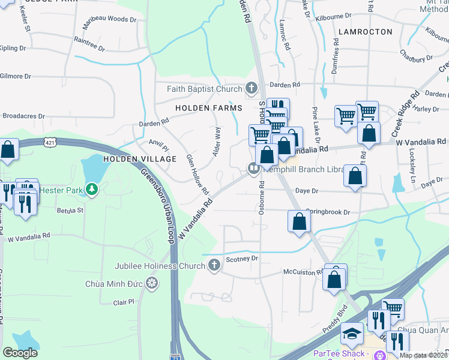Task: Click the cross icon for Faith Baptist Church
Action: pyautogui.click(x=251, y=89)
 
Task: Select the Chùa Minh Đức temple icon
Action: pyautogui.click(x=152, y=282)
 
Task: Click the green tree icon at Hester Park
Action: pyautogui.click(x=91, y=190)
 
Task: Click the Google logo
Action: pyautogui.click(x=20, y=353)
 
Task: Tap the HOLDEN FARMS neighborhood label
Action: pyautogui.click(x=208, y=108)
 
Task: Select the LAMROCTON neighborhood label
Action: pyautogui.click(x=365, y=31)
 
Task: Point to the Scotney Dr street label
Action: pyautogui.click(x=241, y=259)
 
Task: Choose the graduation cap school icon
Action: pyautogui.click(x=352, y=332)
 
